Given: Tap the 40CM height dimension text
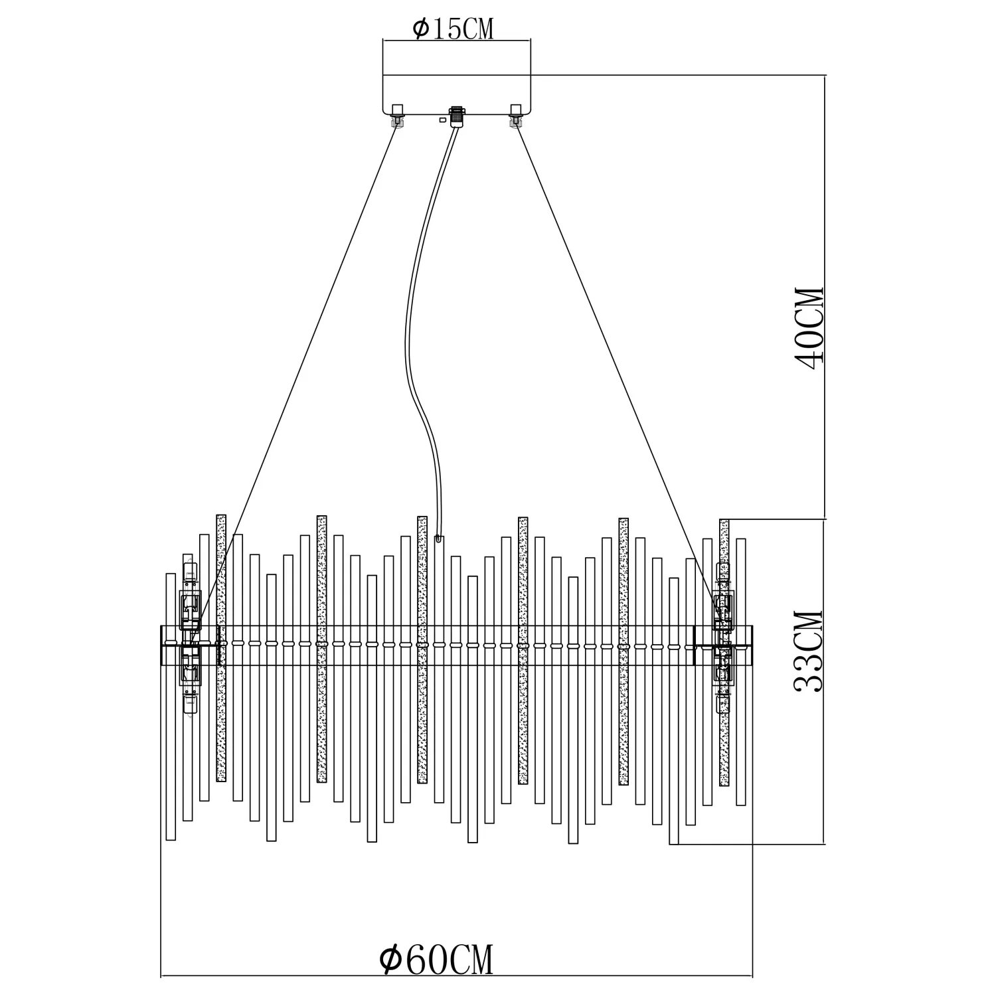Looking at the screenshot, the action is click(809, 325).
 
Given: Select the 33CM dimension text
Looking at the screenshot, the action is click(809, 651).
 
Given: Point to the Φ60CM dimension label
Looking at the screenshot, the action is click(436, 959).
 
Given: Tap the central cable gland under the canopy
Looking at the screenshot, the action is click(456, 116).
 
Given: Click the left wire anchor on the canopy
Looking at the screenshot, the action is click(398, 116).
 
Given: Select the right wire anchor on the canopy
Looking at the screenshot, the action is click(515, 116).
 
